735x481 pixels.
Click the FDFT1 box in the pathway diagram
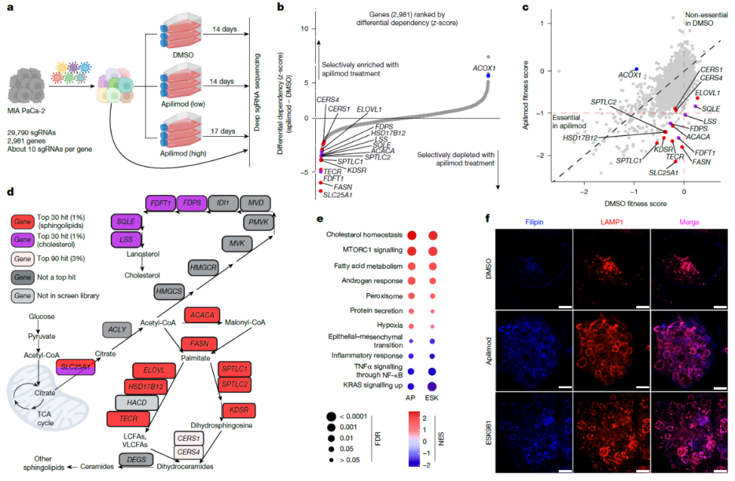coord(161,203)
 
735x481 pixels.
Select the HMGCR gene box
coord(203,267)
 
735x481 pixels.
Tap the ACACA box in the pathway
coord(202,315)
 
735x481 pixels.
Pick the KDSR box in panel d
coord(239,410)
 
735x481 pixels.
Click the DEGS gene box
coord(136,460)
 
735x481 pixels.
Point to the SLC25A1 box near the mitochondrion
coord(76,367)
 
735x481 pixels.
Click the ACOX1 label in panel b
coord(484,69)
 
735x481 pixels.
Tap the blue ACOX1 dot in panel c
coord(636,69)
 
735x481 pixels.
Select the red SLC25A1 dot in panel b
coord(321,190)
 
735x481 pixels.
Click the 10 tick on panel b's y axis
coord(305,29)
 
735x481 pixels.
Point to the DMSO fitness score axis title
coord(635,203)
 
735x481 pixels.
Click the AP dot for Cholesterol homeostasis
coord(412,235)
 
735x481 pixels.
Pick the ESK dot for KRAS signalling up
coord(431,386)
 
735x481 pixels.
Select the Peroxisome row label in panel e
coord(384,296)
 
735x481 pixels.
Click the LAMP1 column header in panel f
coord(611,222)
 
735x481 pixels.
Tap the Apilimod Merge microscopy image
coord(689,350)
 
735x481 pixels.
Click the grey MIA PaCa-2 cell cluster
coord(27,86)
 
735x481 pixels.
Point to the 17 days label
coord(223,131)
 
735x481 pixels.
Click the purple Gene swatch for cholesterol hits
coord(22,239)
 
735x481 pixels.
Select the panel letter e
coord(320,218)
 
